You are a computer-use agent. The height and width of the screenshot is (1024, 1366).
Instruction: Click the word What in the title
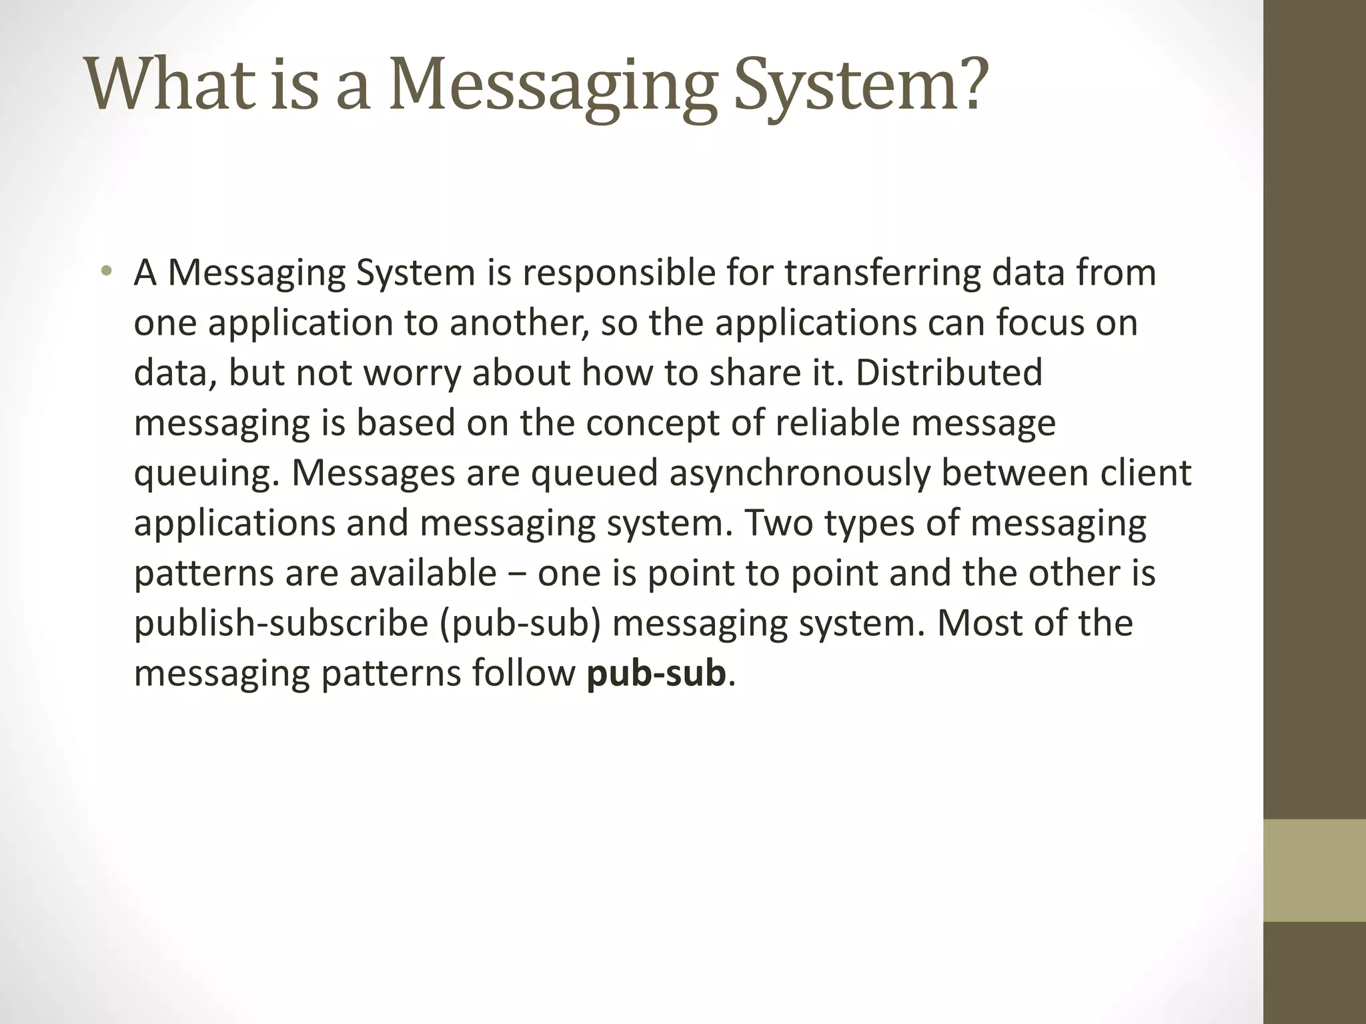pos(172,85)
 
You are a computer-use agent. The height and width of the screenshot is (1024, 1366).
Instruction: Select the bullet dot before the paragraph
pos(105,271)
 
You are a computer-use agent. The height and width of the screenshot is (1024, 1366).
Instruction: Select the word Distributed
pos(948,373)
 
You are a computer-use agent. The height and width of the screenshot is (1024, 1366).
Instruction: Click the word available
pos(423,573)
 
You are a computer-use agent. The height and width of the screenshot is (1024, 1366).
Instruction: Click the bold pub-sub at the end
pos(656,673)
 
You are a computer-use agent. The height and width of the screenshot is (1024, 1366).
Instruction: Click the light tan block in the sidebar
pos(1315,870)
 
